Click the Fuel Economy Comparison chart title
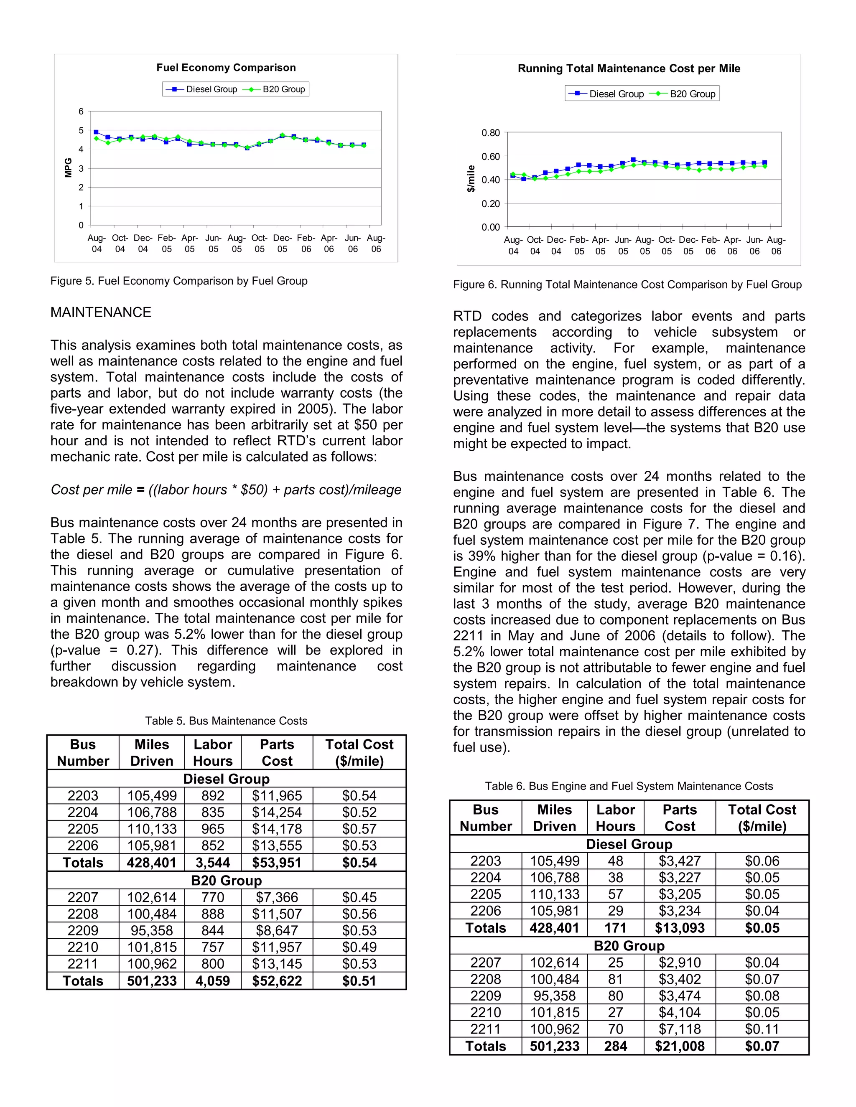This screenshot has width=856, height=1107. tap(226, 67)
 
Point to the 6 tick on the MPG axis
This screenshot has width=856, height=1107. tap(81, 112)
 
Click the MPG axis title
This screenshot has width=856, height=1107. tap(68, 168)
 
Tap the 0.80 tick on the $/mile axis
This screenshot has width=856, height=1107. tap(490, 133)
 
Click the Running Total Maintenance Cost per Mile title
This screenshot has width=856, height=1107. tap(629, 69)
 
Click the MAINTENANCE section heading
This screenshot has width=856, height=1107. tap(100, 312)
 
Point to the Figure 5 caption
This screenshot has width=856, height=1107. tap(178, 281)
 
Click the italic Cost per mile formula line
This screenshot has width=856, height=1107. tap(226, 490)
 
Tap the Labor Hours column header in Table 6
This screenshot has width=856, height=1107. tap(615, 818)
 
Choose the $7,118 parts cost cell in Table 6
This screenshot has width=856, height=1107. tap(680, 1029)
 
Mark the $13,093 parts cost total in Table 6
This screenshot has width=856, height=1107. tap(680, 928)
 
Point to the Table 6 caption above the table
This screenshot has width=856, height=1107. tap(629, 786)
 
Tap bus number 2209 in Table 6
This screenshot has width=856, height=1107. tap(485, 995)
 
